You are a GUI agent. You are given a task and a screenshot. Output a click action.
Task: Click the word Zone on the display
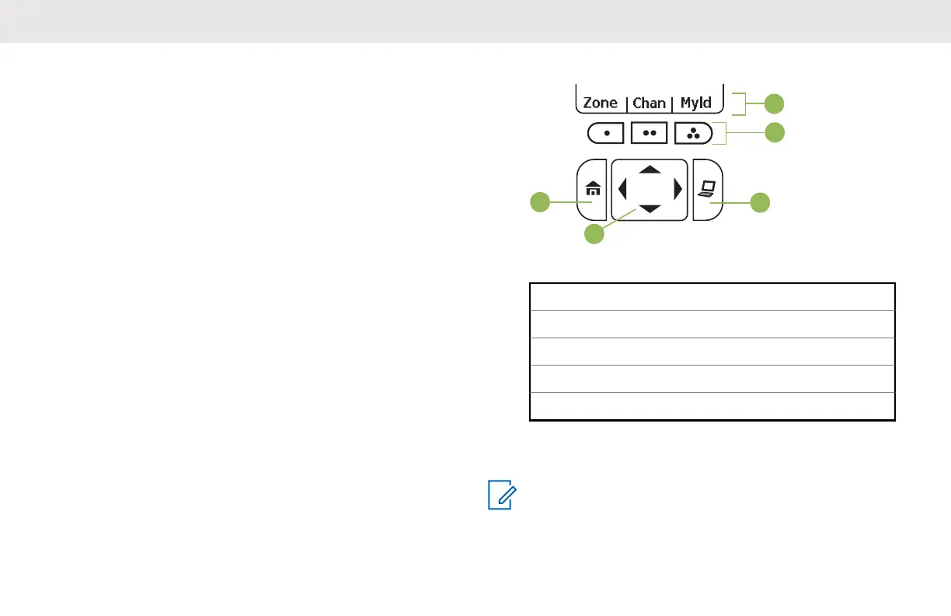[x=601, y=103]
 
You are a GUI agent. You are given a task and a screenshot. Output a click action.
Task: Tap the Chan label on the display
[x=650, y=103]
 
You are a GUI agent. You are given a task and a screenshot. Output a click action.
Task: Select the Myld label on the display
[x=696, y=103]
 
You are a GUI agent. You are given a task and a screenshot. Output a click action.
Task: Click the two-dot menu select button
[x=650, y=134]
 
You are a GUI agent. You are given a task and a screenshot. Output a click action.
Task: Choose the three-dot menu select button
[x=694, y=134]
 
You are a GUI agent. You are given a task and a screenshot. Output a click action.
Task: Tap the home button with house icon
[x=592, y=190]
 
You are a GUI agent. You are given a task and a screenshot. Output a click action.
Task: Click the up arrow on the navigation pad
[x=650, y=169]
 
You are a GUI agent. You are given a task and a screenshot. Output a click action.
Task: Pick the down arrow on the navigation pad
[x=650, y=209]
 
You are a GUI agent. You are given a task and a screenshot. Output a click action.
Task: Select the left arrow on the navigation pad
[x=622, y=189]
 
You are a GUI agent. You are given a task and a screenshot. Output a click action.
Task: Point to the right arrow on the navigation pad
[x=678, y=189]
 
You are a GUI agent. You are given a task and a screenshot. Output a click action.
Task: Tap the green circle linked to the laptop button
[x=761, y=203]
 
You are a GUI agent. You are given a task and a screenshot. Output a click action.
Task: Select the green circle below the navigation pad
[x=594, y=233]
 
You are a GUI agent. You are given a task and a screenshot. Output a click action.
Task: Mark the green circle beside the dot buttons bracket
[x=774, y=133]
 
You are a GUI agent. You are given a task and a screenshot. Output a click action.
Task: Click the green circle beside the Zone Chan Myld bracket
[x=774, y=103]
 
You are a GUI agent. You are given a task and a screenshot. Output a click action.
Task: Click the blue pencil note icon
[x=500, y=495]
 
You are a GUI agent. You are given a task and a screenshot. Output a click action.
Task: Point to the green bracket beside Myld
[x=740, y=103]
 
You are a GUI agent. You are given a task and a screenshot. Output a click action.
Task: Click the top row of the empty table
[x=712, y=296]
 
